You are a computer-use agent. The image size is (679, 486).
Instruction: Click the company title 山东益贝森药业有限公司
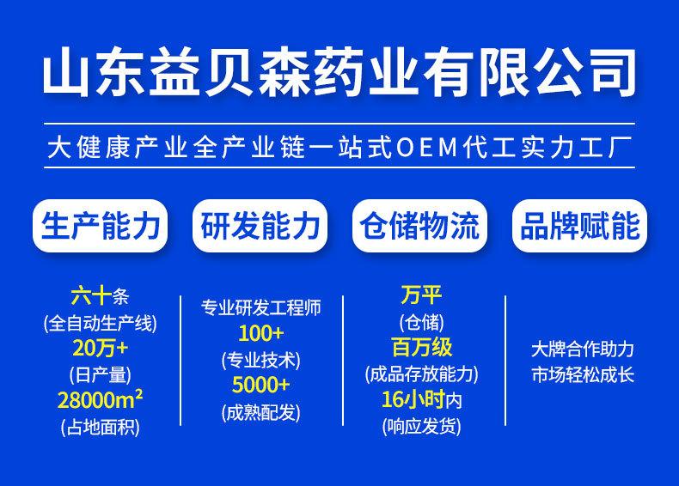tap(339, 72)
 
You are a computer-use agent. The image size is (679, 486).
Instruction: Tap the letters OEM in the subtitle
tap(427, 147)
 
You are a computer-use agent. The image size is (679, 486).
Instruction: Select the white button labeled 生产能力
tap(100, 226)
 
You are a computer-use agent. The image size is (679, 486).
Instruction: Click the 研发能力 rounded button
tap(260, 226)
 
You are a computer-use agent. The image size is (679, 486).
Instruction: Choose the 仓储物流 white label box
tap(419, 226)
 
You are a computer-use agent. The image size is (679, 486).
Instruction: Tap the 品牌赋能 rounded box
tap(579, 226)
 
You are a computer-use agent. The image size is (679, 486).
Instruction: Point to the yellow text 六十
tap(91, 296)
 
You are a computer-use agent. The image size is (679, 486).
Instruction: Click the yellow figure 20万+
tap(100, 348)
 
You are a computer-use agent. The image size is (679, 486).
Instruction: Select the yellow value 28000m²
tap(100, 400)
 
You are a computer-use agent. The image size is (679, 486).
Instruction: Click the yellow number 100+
tap(261, 333)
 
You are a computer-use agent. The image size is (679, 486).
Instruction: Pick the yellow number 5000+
tap(260, 385)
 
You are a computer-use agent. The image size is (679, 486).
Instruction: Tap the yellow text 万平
tap(421, 295)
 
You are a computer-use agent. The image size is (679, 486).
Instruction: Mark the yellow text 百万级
tap(422, 347)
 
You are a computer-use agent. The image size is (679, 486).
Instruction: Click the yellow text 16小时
tap(413, 399)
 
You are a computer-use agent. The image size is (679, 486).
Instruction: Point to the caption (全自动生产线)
tap(100, 323)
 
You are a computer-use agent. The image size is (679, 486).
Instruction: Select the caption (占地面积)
tap(100, 427)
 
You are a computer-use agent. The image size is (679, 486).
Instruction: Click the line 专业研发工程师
tap(260, 307)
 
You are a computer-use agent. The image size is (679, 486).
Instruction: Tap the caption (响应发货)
tap(421, 426)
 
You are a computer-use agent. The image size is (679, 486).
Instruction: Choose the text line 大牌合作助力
tap(583, 349)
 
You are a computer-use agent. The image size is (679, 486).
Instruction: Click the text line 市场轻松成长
tap(583, 374)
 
